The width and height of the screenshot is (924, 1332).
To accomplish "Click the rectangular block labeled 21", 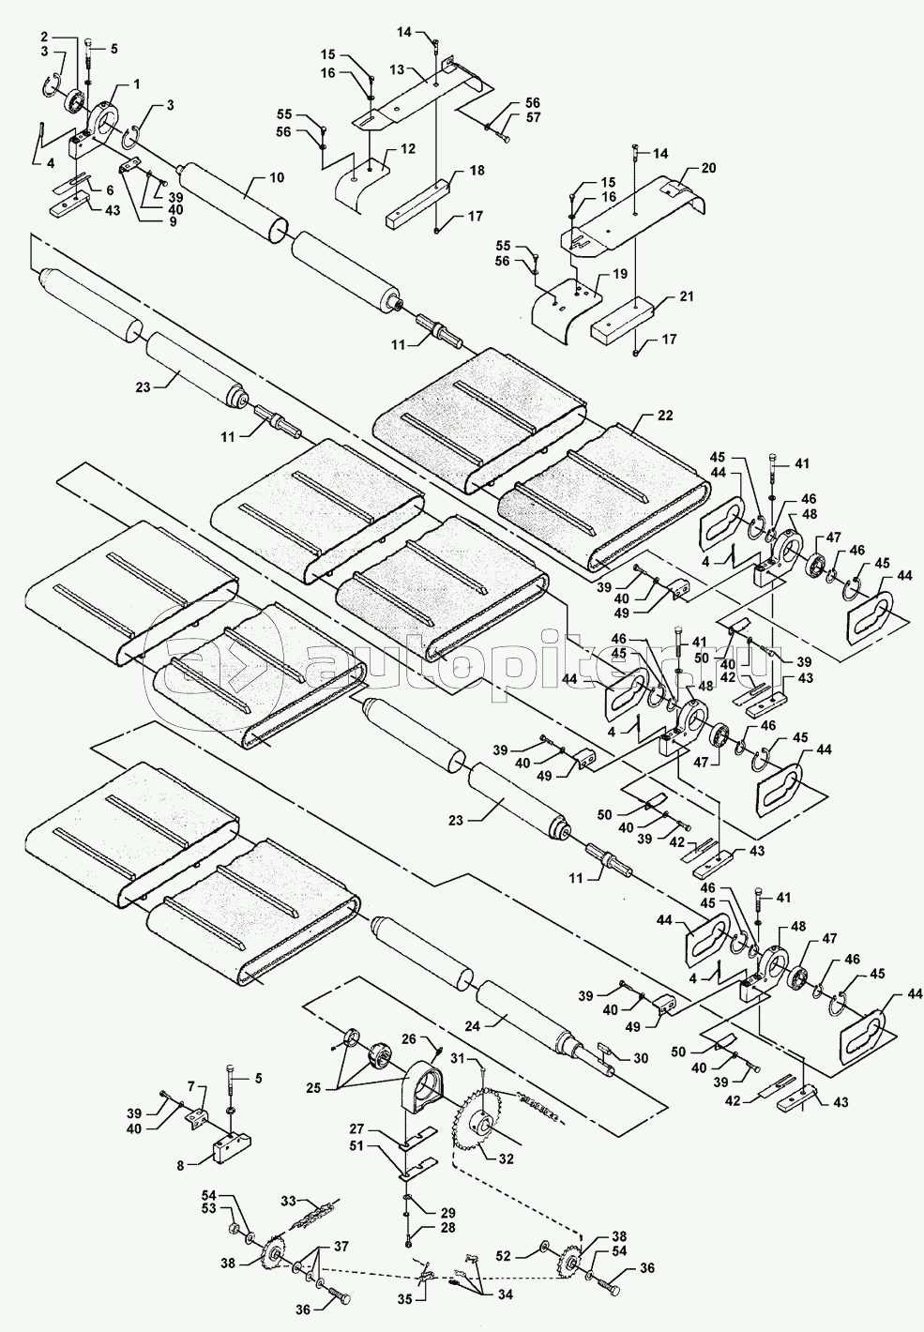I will coord(624,319).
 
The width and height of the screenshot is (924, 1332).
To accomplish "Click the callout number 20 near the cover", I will coord(707,170).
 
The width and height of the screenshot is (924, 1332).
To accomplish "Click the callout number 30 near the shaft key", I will coord(641,1057).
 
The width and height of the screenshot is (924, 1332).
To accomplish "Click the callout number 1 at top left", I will coord(137,83).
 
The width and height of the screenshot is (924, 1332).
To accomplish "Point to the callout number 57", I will coord(532,118).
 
